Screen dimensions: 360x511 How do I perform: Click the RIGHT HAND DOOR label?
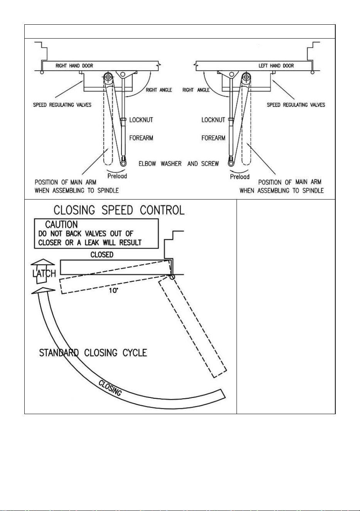pos(74,66)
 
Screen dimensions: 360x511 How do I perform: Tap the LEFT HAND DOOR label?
pos(276,66)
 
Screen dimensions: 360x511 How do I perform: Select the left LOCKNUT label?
pos(141,120)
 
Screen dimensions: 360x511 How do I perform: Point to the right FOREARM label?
pos(213,138)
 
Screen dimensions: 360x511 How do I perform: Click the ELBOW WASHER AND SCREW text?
pos(179,164)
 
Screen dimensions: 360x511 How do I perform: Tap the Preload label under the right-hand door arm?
pos(117,176)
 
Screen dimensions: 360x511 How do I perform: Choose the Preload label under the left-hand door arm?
pos(240,176)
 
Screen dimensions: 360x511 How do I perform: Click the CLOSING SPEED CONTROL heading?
pos(119,210)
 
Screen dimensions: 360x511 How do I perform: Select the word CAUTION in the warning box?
pos(61,225)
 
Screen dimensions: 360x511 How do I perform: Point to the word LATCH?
pos(44,273)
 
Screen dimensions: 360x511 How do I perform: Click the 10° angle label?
pos(113,290)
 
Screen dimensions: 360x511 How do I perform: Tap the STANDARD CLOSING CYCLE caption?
pos(93,353)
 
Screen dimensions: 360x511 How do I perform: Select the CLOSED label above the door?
pos(102,255)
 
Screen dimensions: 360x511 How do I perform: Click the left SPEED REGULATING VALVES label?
pos(62,105)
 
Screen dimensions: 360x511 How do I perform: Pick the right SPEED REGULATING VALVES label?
pos(296,105)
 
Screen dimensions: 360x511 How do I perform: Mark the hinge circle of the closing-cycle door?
pos(172,277)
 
